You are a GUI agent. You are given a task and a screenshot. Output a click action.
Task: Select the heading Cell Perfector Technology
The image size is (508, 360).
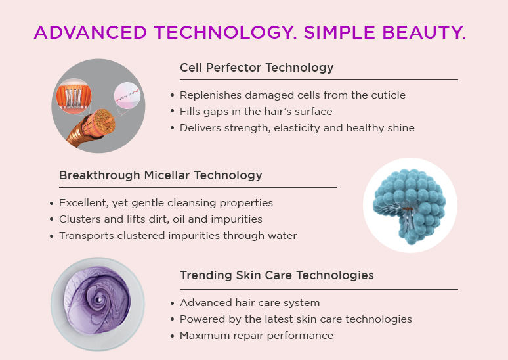[x=257, y=68]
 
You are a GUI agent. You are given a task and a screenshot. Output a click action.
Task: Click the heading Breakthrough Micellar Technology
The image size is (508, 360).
[x=160, y=175]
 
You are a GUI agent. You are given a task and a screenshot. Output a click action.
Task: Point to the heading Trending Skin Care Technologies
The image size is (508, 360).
[x=277, y=275]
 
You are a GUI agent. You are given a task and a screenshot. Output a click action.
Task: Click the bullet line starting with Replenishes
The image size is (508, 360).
[x=293, y=95]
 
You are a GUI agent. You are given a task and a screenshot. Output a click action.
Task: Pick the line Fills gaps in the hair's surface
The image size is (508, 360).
[x=256, y=112]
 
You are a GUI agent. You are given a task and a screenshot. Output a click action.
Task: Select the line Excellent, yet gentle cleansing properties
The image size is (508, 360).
[x=166, y=203]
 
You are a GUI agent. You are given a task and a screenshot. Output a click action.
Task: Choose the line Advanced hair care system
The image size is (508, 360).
[x=250, y=303]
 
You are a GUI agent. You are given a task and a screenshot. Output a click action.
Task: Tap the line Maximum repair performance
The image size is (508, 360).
[x=257, y=335]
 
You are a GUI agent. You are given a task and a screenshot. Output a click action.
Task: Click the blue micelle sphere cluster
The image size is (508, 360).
[x=410, y=205]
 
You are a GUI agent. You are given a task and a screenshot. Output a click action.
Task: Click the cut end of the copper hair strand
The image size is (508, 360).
[x=104, y=121]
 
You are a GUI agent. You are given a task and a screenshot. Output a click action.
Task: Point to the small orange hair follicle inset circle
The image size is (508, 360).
[x=74, y=96]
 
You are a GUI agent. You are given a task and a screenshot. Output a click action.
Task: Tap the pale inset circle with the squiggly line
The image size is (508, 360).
[x=127, y=95]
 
